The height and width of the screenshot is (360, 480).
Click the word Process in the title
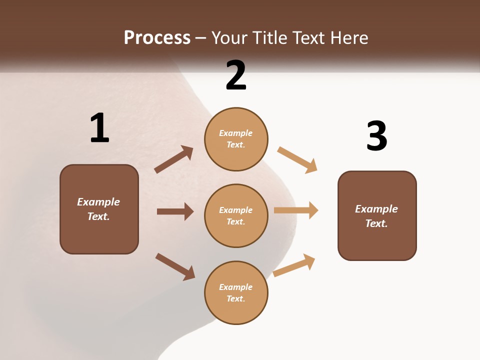[x=157, y=38]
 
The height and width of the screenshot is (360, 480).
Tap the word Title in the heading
[x=268, y=38]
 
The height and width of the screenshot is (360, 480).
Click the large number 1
[x=99, y=128]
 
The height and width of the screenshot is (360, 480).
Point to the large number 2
[x=236, y=75]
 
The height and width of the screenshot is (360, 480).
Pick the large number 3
[x=376, y=136]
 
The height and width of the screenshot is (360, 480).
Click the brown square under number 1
[x=99, y=209]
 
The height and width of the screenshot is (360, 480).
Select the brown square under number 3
[x=377, y=216]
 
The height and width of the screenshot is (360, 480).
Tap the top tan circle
[x=236, y=139]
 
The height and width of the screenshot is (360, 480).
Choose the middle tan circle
[x=236, y=216]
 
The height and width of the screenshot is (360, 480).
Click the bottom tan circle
[x=236, y=293]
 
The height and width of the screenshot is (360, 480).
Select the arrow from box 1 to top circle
[x=174, y=159]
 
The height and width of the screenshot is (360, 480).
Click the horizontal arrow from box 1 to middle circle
[x=175, y=211]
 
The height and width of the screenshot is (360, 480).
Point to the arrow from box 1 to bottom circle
[x=175, y=266]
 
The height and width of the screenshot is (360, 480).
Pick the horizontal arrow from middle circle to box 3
[x=296, y=210]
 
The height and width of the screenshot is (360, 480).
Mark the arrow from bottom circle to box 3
[x=294, y=265]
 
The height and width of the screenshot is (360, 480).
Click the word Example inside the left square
[x=98, y=202]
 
